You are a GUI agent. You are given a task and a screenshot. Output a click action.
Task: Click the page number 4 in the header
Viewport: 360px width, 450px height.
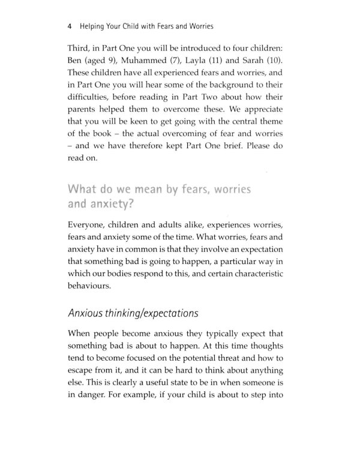(71, 27)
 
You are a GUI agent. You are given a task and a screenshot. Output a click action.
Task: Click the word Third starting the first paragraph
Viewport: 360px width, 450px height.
(82, 47)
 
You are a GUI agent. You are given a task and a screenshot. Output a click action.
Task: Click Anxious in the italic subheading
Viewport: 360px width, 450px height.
(89, 329)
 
